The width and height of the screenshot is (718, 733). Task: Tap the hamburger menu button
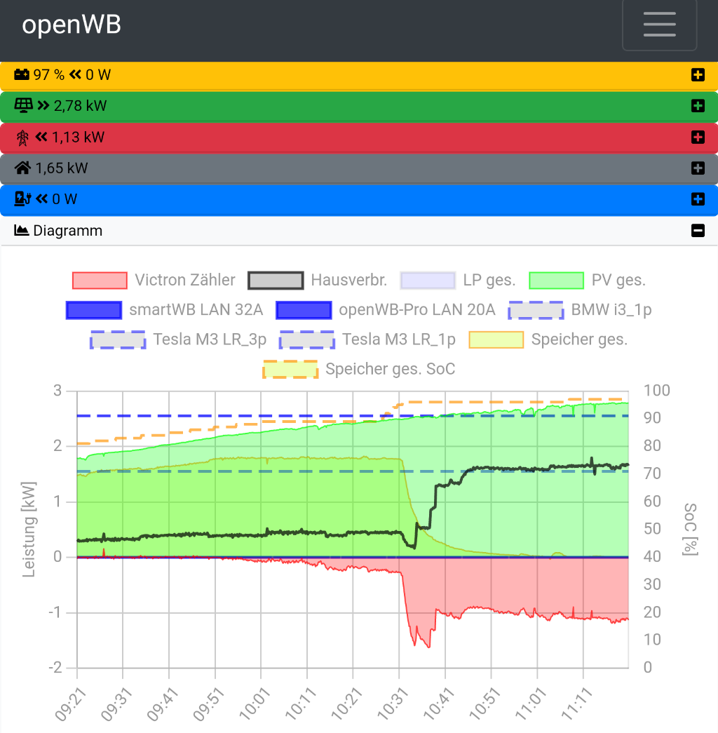tap(659, 25)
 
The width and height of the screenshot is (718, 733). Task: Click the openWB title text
tap(72, 25)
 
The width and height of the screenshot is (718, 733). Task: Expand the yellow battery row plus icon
tap(697, 75)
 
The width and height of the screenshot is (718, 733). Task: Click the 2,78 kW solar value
tap(80, 106)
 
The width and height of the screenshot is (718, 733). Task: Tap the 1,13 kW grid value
tap(78, 137)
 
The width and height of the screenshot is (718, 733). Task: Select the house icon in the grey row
tap(23, 168)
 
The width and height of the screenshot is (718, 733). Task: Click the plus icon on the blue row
tap(697, 199)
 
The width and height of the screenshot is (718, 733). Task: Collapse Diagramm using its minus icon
tap(697, 230)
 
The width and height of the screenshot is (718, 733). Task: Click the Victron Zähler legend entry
tap(154, 281)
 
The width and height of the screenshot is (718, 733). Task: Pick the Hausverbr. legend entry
tap(318, 281)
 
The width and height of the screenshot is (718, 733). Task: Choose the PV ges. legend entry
tap(587, 281)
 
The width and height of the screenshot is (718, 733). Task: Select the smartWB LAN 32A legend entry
tap(165, 310)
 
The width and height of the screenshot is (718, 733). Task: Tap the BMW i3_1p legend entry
tap(581, 310)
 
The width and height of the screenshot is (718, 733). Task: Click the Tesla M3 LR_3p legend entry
tap(178, 340)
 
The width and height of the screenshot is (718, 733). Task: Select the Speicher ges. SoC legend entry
tap(359, 370)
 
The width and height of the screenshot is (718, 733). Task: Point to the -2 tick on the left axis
tap(55, 667)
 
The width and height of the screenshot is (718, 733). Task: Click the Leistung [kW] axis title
tap(29, 529)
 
